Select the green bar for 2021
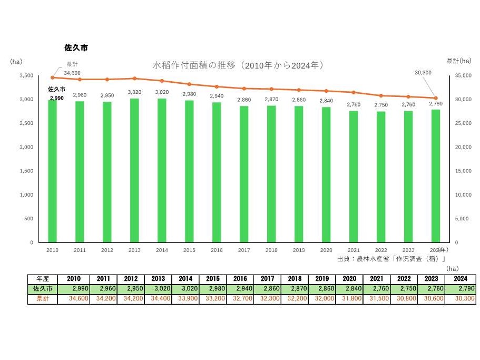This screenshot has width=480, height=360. point(354,177)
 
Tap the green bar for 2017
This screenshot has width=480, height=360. point(244,174)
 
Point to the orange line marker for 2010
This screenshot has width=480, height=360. point(52,77)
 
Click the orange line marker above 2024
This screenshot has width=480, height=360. point(436,98)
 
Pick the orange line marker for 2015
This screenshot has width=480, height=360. point(189,84)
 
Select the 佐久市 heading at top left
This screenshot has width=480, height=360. point(76,47)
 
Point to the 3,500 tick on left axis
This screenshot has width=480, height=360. point(25,75)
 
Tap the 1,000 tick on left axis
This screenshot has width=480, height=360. point(25,194)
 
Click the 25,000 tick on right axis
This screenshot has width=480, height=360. point(462,123)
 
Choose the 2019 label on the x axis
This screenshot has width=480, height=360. point(299,250)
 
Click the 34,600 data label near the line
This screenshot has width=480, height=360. point(73,73)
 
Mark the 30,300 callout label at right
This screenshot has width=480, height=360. point(423,73)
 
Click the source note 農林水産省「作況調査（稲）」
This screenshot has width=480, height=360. point(392,259)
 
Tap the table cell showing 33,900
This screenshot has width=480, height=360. point(185,299)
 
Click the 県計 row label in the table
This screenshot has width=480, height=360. point(42,299)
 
